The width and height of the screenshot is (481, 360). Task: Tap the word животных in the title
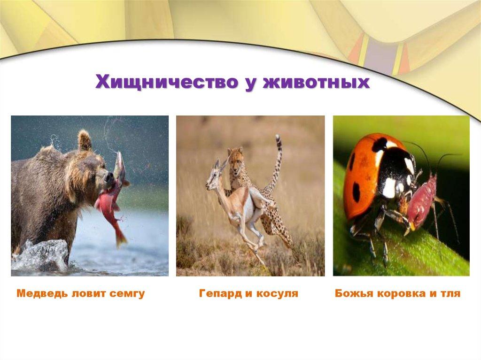click(x=316, y=82)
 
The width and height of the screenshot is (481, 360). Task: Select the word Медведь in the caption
click(x=42, y=293)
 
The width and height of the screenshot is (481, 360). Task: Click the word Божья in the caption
click(x=353, y=293)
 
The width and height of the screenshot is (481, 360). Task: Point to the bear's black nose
click(x=109, y=176)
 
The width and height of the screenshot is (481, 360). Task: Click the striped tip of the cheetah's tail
click(x=279, y=142)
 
